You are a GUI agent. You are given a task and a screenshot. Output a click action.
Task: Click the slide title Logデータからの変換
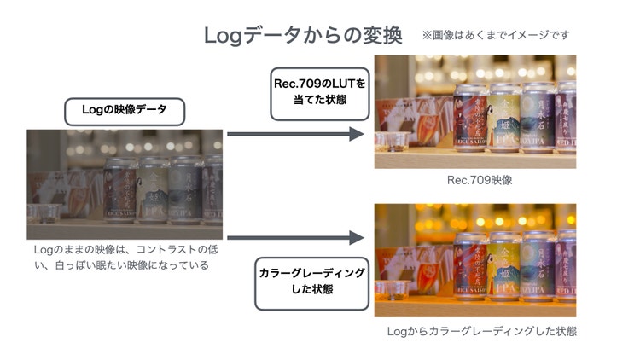[302, 36]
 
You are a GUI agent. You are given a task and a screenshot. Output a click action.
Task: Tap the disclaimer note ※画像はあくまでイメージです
[495, 35]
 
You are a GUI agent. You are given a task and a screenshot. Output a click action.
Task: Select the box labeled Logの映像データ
[124, 112]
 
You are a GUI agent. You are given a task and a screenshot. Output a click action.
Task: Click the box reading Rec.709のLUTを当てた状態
[319, 93]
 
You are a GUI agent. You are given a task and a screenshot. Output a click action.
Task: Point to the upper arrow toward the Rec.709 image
[295, 134]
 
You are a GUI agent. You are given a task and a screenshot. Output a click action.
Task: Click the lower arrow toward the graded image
[295, 240]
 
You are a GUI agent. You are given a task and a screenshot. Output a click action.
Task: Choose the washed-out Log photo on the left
[125, 184]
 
